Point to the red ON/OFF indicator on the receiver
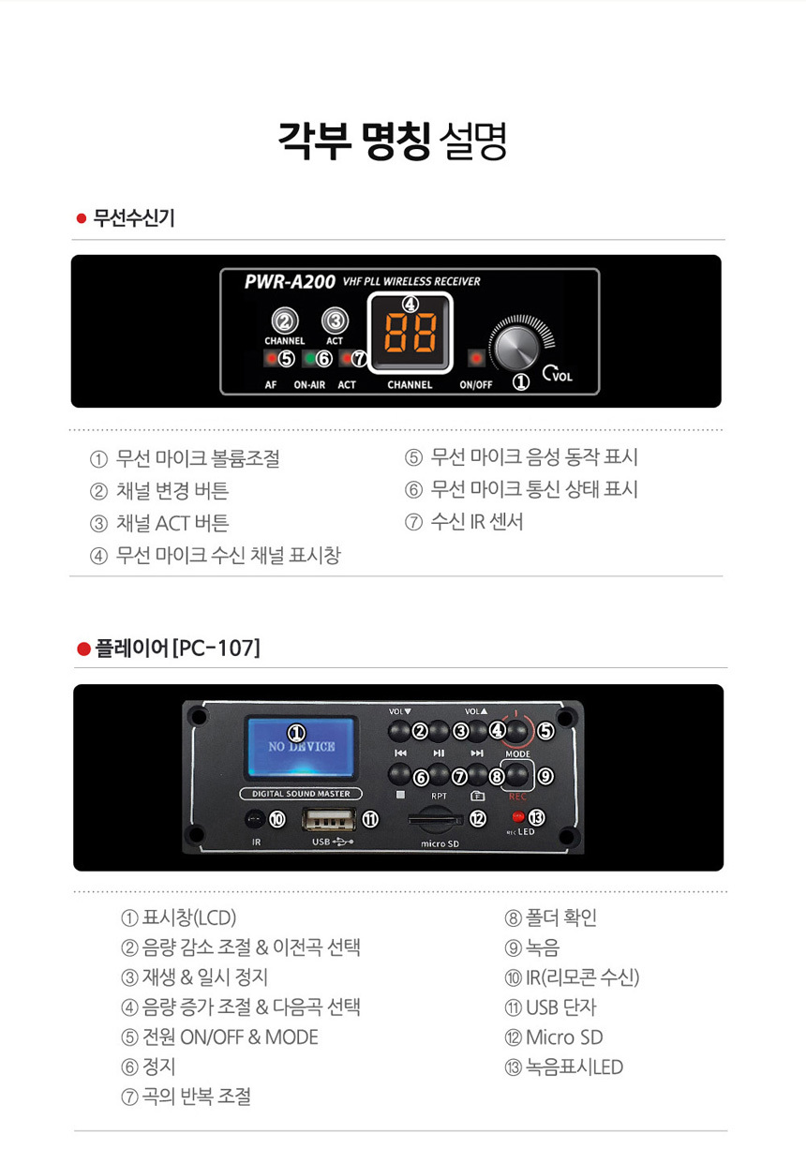pyautogui.click(x=476, y=358)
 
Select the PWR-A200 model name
pyautogui.click(x=290, y=281)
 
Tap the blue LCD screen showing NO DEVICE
pyautogui.click(x=300, y=749)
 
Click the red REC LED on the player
pyautogui.click(x=518, y=817)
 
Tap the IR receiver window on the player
pyautogui.click(x=253, y=820)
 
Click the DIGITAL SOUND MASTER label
pyautogui.click(x=301, y=794)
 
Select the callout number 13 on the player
pyautogui.click(x=537, y=817)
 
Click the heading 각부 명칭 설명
pyautogui.click(x=392, y=141)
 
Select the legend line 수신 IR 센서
pyautogui.click(x=476, y=522)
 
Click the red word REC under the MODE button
pyautogui.click(x=517, y=798)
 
